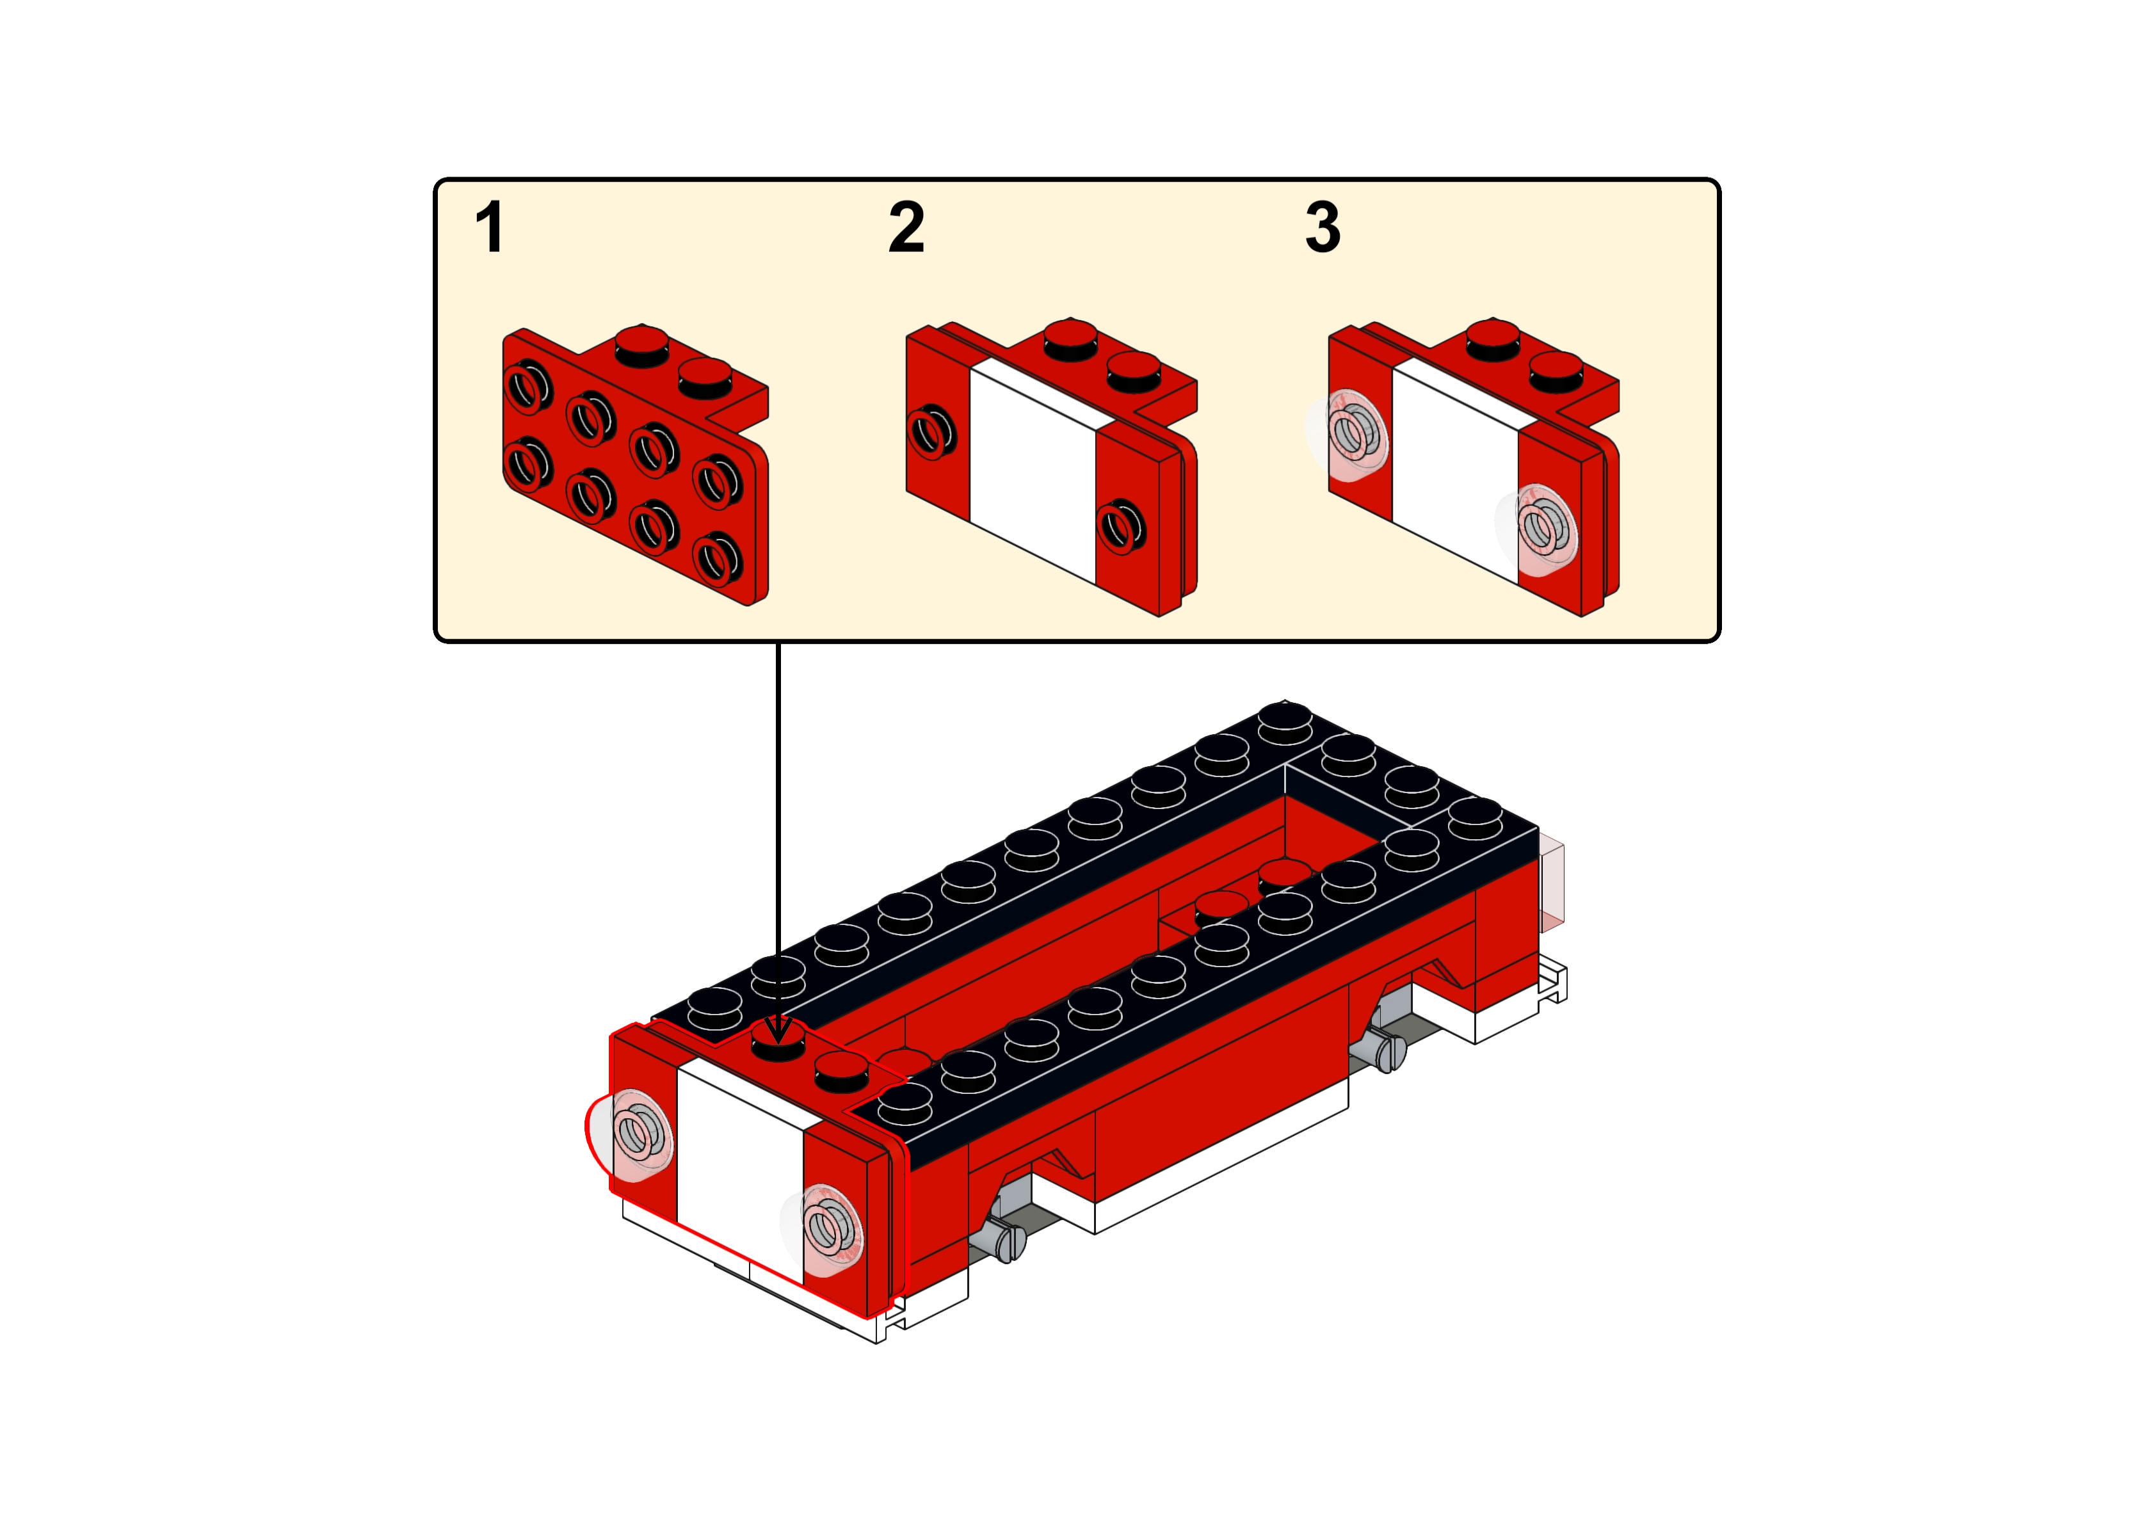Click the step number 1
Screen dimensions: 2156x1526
point(490,227)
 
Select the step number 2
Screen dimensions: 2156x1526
point(906,227)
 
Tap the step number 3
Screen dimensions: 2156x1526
point(1323,227)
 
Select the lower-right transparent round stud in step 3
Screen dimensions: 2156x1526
point(1535,530)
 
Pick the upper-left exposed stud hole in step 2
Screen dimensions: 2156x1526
point(931,432)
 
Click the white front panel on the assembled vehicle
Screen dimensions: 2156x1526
point(739,1171)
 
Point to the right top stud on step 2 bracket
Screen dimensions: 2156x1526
point(1133,372)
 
